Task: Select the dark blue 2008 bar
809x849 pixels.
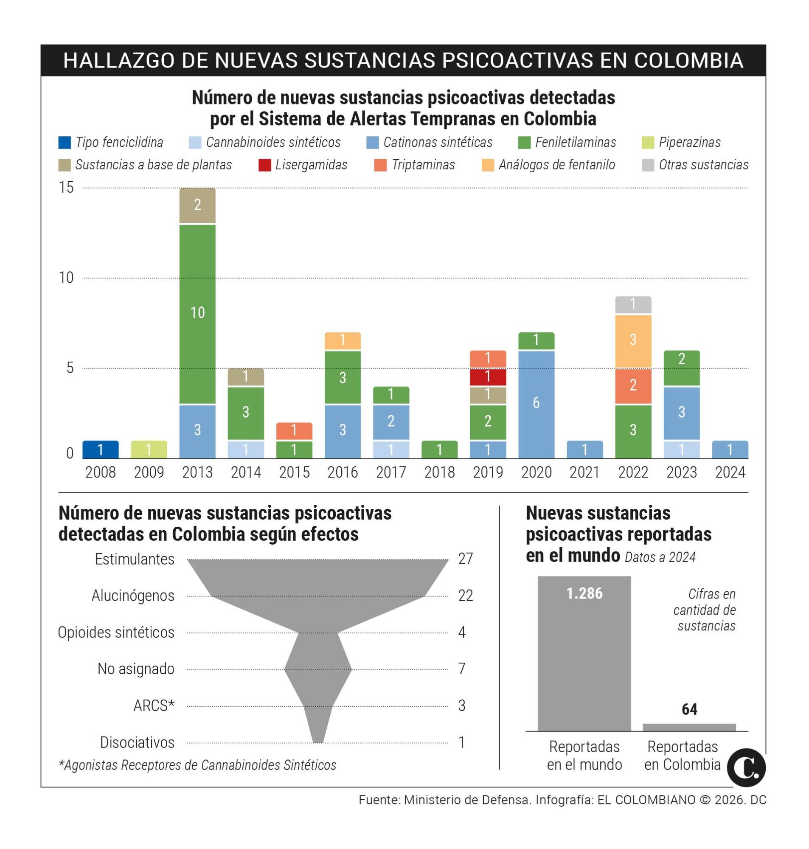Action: (101, 449)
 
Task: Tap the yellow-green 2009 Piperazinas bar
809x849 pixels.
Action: (149, 449)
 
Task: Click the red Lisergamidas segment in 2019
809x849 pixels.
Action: (488, 377)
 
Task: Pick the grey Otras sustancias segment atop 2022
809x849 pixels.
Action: (632, 305)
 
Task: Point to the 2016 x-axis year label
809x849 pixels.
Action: (343, 472)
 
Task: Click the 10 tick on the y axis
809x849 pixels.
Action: (66, 278)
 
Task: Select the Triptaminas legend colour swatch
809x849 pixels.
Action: (380, 165)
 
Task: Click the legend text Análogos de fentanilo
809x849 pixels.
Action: (557, 165)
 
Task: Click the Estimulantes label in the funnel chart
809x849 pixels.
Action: (135, 559)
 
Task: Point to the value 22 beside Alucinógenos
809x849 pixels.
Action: (465, 596)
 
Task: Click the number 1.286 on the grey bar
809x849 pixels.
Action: (584, 594)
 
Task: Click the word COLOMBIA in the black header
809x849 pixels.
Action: (688, 61)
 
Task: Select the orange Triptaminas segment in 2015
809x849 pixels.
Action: (294, 431)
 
